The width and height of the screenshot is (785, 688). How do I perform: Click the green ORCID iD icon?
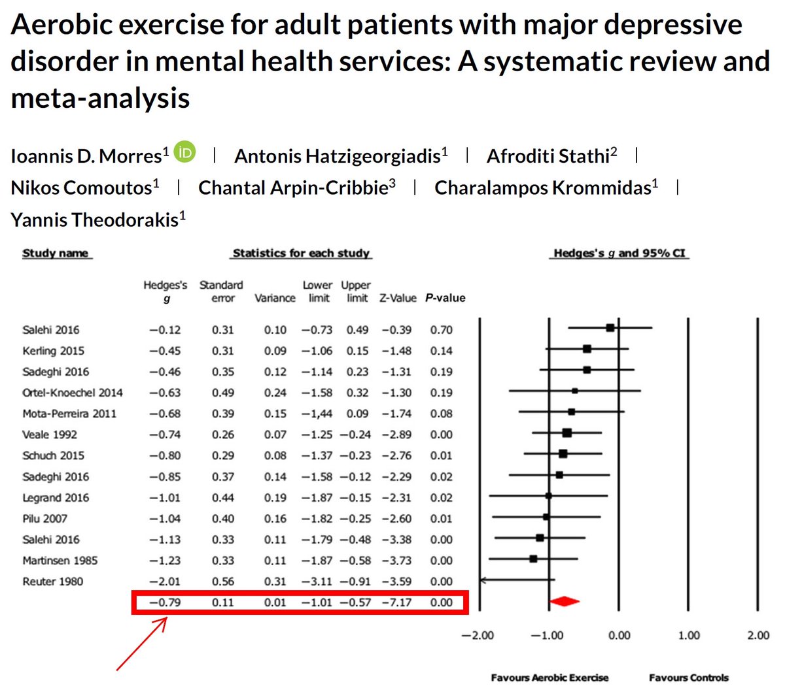[x=184, y=153]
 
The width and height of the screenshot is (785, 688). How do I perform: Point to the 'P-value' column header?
[x=445, y=298]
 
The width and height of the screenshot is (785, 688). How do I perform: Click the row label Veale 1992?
[x=50, y=434]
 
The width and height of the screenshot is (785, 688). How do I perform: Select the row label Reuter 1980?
[x=52, y=582]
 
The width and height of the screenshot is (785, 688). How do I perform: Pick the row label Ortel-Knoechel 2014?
[x=72, y=393]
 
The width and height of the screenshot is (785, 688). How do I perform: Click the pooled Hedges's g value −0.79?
[x=165, y=602]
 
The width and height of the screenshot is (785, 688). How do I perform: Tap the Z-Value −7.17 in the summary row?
[x=396, y=602]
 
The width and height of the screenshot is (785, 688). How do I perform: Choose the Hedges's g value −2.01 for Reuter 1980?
[x=165, y=582]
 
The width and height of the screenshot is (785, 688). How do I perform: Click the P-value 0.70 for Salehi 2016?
[x=441, y=330]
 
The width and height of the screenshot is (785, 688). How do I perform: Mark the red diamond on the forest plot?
[x=564, y=601]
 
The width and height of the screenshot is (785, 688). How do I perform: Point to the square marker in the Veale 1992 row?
[x=567, y=433]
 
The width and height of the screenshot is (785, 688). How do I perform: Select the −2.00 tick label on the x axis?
[x=478, y=636]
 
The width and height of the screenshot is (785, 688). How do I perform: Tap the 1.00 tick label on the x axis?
[x=688, y=636]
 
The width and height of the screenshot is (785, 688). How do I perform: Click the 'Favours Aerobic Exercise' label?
[x=549, y=678]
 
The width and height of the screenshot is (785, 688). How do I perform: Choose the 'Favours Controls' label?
[x=688, y=678]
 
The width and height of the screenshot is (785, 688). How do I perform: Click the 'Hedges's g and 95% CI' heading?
[x=619, y=254]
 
